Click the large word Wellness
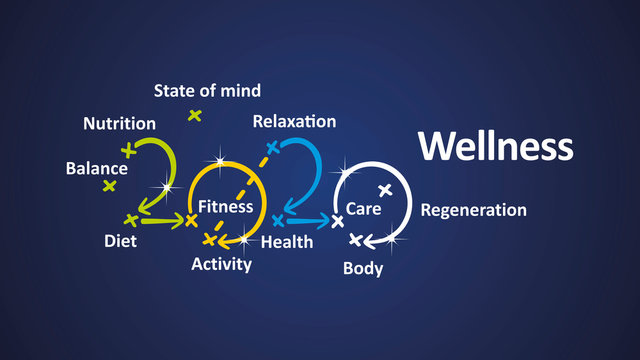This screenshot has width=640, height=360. pyautogui.click(x=495, y=146)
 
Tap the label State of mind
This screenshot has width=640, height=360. pyautogui.click(x=207, y=91)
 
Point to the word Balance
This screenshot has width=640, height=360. pyautogui.click(x=96, y=168)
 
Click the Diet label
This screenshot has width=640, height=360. pyautogui.click(x=120, y=241)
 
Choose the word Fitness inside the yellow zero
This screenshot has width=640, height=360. pyautogui.click(x=225, y=206)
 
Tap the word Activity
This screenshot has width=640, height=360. pyautogui.click(x=222, y=264)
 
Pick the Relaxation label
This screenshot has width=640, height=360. pyautogui.click(x=294, y=122)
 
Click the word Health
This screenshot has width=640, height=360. pyautogui.click(x=286, y=242)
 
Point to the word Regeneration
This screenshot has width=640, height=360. pyautogui.click(x=473, y=210)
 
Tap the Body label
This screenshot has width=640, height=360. pyautogui.click(x=362, y=268)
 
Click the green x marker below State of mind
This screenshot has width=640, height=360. pyautogui.click(x=195, y=115)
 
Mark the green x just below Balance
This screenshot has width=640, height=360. pyautogui.click(x=109, y=186)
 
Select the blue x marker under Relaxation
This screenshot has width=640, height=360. pyautogui.click(x=271, y=147)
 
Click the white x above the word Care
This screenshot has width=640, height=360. pyautogui.click(x=385, y=189)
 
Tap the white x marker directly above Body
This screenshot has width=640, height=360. pyautogui.click(x=355, y=239)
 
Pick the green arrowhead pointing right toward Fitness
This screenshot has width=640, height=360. pyautogui.click(x=190, y=220)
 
